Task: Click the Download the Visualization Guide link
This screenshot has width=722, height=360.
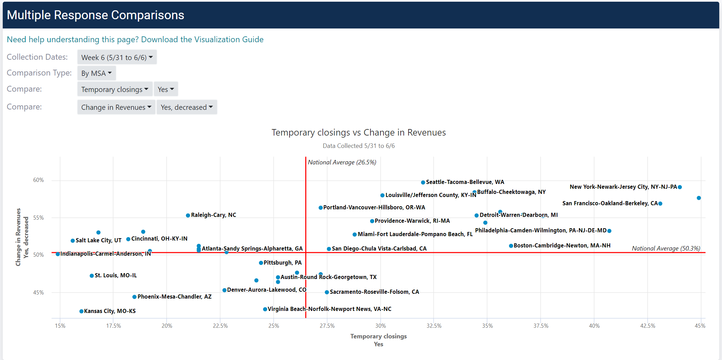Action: pyautogui.click(x=135, y=39)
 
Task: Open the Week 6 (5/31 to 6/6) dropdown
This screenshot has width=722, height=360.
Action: pyautogui.click(x=117, y=57)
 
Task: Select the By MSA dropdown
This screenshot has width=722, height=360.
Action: pyautogui.click(x=96, y=73)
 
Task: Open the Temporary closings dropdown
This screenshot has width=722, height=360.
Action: pyautogui.click(x=115, y=90)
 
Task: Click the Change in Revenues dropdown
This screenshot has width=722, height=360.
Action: pyautogui.click(x=116, y=107)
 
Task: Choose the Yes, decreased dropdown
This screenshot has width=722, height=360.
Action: pyautogui.click(x=187, y=107)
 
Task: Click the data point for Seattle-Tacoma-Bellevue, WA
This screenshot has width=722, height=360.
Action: pyautogui.click(x=423, y=182)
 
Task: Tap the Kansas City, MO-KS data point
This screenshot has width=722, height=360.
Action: pyautogui.click(x=81, y=311)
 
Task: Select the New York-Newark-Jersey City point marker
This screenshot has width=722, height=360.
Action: pyautogui.click(x=680, y=187)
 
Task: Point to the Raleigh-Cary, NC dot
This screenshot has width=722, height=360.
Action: pyautogui.click(x=188, y=216)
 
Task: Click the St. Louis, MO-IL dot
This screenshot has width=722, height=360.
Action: pyautogui.click(x=92, y=276)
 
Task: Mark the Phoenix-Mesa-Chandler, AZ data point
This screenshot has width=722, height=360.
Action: pyautogui.click(x=134, y=297)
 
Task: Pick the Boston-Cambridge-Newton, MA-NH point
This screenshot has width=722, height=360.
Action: pyautogui.click(x=511, y=246)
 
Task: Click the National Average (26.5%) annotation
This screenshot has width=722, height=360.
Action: pyautogui.click(x=342, y=162)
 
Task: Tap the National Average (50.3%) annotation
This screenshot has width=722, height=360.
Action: pyautogui.click(x=666, y=248)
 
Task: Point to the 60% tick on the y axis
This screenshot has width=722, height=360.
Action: pyautogui.click(x=38, y=180)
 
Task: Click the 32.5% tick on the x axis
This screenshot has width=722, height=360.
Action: pyautogui.click(x=434, y=326)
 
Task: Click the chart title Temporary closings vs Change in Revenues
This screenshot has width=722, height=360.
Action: pyautogui.click(x=358, y=132)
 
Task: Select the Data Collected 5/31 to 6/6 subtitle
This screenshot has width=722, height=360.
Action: pyautogui.click(x=358, y=146)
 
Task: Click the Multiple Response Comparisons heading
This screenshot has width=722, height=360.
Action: pyautogui.click(x=95, y=15)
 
